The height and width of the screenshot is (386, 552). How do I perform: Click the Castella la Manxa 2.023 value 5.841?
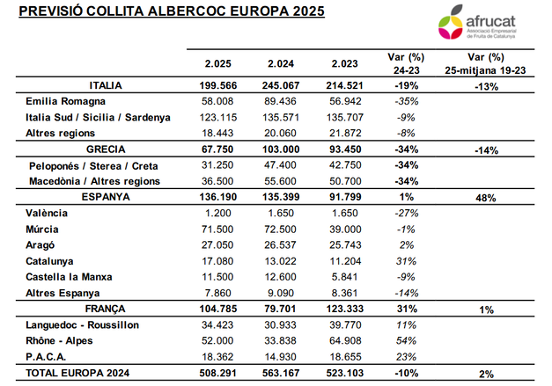pyautogui.click(x=344, y=276)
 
